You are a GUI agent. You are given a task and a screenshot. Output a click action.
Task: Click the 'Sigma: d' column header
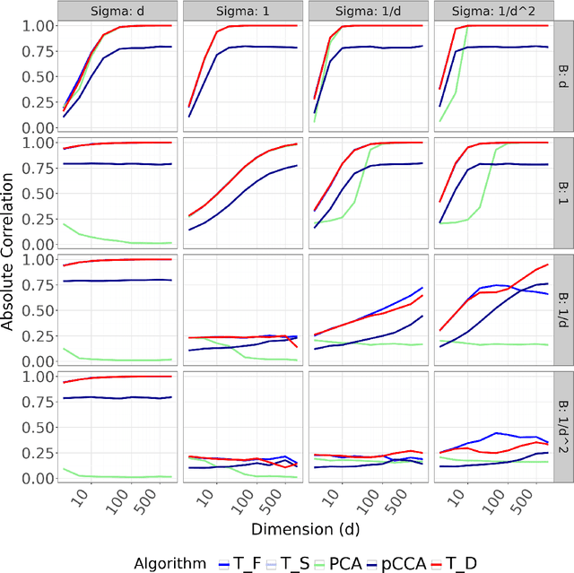click(x=116, y=11)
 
